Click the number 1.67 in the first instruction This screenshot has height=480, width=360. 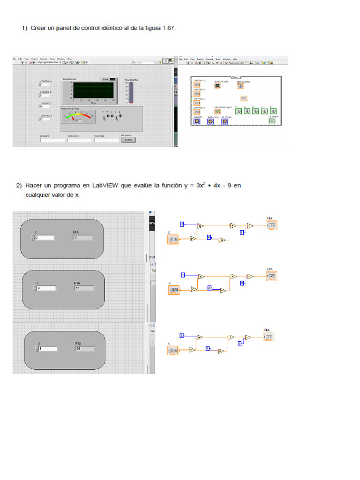pos(168,28)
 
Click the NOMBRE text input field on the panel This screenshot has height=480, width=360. pos(52,140)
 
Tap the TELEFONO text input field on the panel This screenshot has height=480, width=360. pos(106,140)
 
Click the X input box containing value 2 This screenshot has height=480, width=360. pos(45,238)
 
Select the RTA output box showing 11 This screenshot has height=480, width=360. pos(82,238)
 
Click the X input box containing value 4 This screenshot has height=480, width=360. pos(46,288)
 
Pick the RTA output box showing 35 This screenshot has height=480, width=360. pos(84,288)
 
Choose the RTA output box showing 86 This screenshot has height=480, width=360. pos(85,349)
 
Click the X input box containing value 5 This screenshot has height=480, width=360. pos(47,349)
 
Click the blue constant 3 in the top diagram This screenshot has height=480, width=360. pos(182,224)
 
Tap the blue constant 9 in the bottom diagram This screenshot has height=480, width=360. pos(240,344)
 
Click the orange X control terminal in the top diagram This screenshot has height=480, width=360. pos(173,240)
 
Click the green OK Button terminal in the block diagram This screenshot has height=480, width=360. pos(272,120)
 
